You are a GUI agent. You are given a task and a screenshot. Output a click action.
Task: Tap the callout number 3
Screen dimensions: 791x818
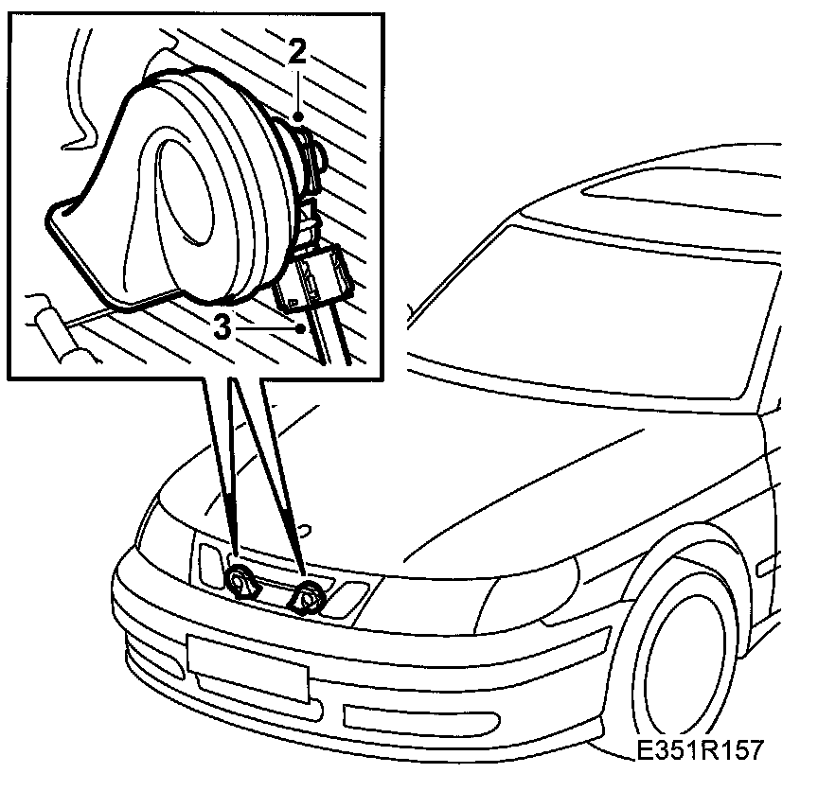(x=222, y=328)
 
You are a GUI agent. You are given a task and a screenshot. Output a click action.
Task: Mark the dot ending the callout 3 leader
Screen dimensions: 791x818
(x=301, y=329)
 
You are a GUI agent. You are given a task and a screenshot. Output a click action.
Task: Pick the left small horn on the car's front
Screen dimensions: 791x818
(x=240, y=583)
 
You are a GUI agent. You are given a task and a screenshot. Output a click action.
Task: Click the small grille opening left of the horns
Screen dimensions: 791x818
(x=207, y=562)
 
